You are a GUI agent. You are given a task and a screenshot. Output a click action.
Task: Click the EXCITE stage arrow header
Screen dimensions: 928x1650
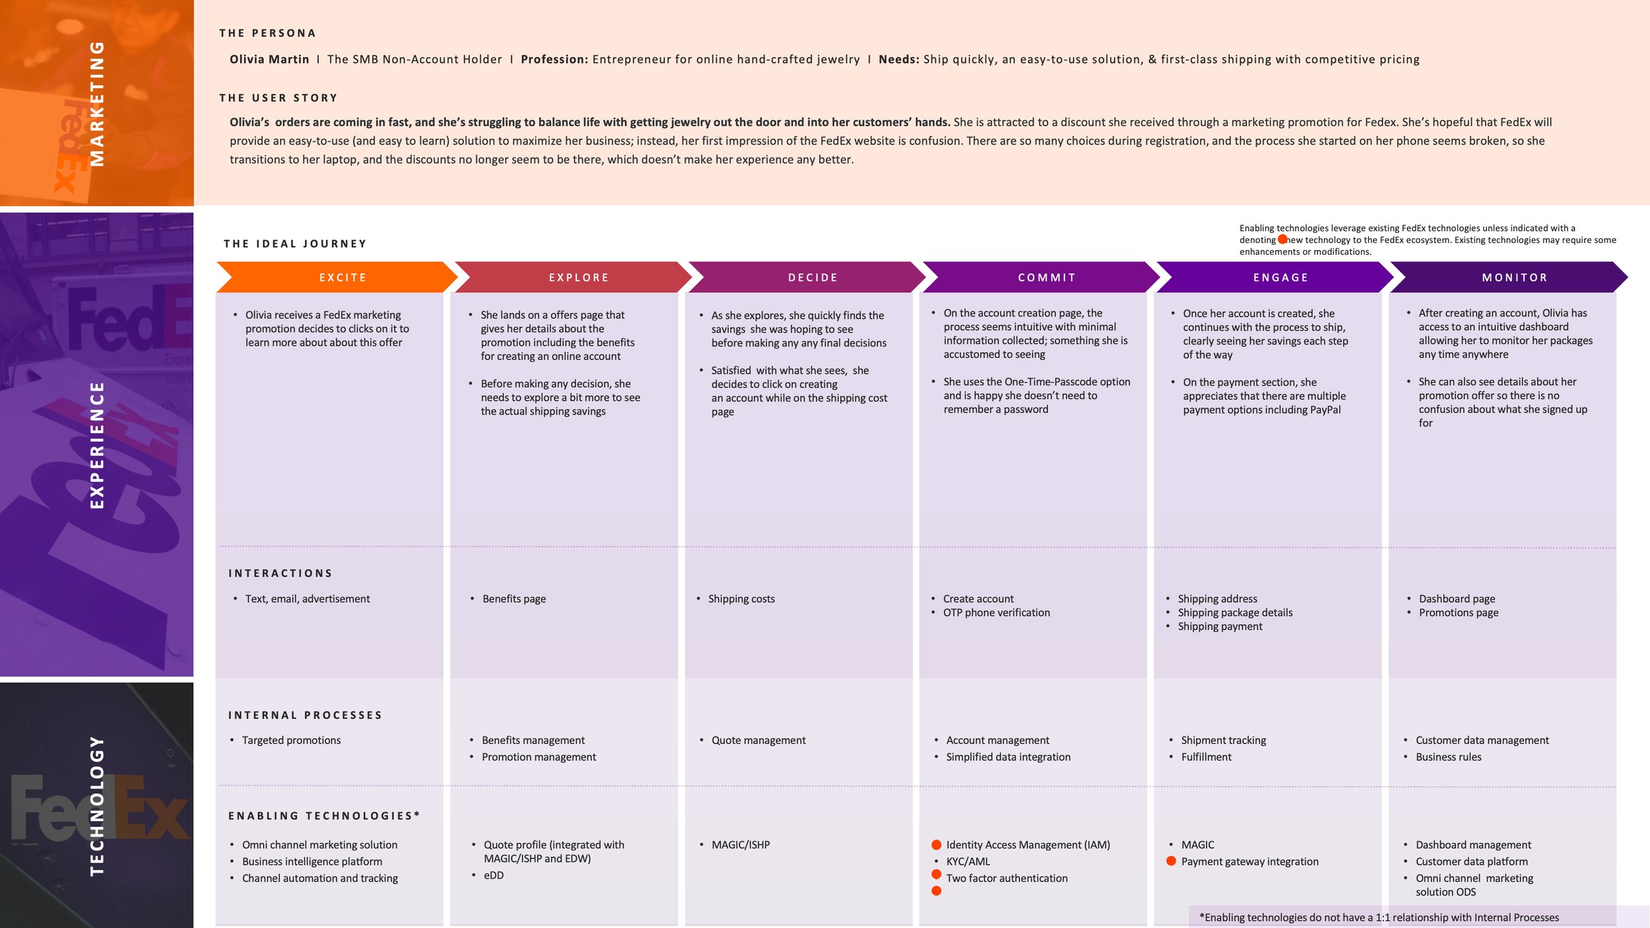click(343, 277)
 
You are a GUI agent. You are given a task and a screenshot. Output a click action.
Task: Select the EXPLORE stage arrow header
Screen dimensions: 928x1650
click(578, 277)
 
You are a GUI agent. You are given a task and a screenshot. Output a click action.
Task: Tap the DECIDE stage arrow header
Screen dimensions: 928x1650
click(812, 277)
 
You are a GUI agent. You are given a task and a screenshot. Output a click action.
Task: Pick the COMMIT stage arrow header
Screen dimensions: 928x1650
click(1047, 277)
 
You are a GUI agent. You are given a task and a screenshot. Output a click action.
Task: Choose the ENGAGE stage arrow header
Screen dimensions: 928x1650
click(1280, 277)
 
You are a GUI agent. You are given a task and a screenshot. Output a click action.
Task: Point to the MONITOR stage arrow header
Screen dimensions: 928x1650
click(1515, 277)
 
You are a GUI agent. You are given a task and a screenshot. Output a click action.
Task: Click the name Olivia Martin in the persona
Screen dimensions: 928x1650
click(269, 59)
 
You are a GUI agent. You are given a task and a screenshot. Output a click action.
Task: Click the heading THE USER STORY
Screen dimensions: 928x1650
click(279, 98)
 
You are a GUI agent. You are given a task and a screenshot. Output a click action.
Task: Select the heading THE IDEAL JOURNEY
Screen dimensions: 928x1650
click(295, 244)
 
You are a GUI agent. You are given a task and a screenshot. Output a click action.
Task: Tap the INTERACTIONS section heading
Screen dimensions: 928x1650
click(280, 573)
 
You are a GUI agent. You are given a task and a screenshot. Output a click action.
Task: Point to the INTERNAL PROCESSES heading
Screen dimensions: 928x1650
click(305, 715)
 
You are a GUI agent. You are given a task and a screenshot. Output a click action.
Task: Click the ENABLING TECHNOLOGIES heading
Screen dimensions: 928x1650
click(323, 816)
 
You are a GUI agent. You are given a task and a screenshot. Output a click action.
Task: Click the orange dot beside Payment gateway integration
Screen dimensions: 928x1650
click(1171, 861)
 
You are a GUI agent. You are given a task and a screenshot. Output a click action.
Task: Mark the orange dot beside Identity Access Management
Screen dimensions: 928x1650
click(936, 845)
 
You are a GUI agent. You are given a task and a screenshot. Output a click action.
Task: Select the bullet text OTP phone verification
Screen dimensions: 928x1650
click(996, 613)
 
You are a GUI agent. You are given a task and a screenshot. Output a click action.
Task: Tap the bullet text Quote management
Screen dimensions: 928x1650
click(758, 741)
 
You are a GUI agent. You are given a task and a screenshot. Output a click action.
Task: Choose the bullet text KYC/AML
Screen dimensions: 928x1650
click(968, 861)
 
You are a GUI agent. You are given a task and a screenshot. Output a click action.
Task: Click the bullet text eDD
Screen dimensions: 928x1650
click(494, 875)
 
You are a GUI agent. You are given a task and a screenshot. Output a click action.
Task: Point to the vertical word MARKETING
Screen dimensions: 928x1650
click(97, 103)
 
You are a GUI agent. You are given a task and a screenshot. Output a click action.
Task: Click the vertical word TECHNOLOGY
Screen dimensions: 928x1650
click(97, 805)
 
